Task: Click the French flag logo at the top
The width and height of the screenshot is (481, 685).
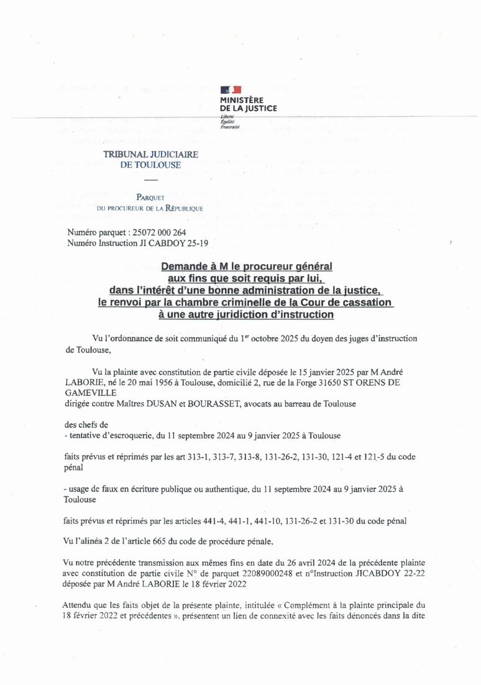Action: click(x=232, y=90)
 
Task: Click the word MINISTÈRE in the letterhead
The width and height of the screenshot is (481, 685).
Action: click(x=242, y=99)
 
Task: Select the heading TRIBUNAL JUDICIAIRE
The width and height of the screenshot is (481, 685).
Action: click(x=150, y=154)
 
